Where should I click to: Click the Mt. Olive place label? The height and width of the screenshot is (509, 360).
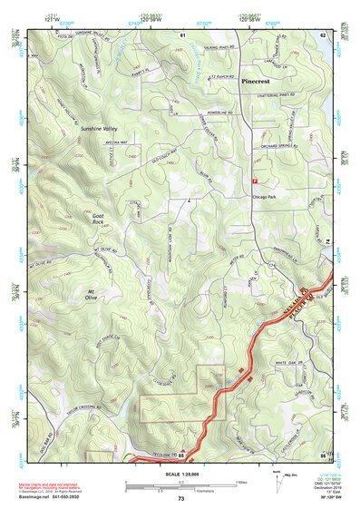click(x=97, y=294)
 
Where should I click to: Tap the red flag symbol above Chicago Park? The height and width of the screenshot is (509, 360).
click(x=253, y=181)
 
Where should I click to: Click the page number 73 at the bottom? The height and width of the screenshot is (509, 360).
click(x=181, y=499)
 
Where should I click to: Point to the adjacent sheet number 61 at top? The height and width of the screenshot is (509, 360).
click(x=182, y=34)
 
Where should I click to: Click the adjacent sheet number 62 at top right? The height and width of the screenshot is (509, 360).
click(x=323, y=34)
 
